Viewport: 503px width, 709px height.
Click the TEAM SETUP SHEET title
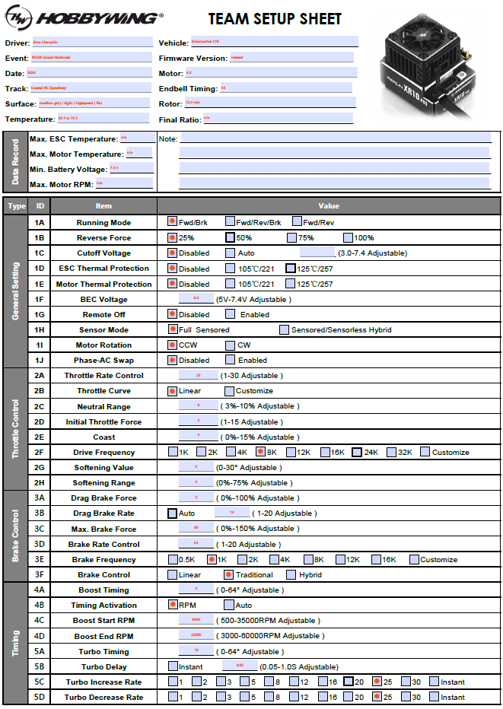click(275, 19)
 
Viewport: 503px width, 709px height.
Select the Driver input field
click(91, 43)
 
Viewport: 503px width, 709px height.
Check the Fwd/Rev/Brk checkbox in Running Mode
click(230, 222)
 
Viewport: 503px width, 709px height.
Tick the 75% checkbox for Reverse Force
click(291, 237)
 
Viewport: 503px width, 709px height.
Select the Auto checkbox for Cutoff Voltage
click(230, 253)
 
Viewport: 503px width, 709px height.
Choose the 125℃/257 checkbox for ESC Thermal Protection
click(290, 269)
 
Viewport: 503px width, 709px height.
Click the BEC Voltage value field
click(196, 299)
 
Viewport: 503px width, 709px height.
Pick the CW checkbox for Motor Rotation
click(230, 345)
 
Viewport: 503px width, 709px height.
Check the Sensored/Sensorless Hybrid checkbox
click(284, 329)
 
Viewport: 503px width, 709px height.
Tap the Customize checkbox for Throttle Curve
click(229, 391)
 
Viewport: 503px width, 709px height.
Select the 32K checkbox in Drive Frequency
click(391, 452)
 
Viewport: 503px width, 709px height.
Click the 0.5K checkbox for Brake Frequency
click(172, 559)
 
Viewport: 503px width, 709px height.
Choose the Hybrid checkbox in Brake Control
click(291, 574)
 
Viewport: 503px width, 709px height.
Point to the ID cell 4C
click(40, 621)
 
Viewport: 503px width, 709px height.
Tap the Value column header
click(329, 205)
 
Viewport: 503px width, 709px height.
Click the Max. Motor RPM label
click(61, 184)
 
